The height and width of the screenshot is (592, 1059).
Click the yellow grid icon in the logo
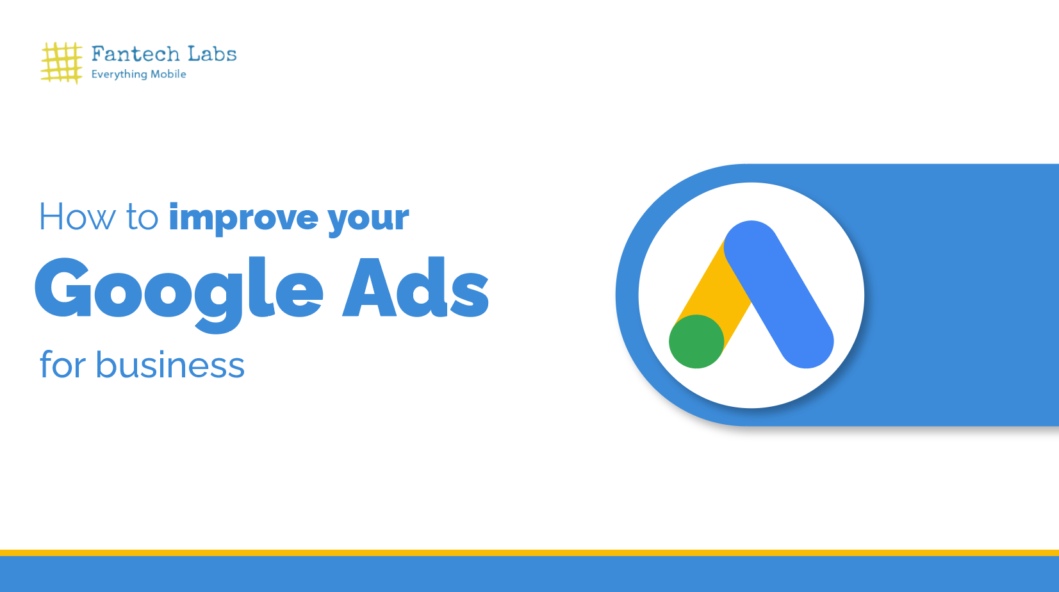pos(62,63)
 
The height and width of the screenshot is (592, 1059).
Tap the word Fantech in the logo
pos(135,54)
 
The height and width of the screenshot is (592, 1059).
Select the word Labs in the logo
pos(212,54)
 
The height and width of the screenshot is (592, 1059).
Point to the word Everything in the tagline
pos(119,74)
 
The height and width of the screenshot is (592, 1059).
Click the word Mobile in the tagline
pos(168,74)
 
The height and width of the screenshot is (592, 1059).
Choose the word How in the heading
pos(77,217)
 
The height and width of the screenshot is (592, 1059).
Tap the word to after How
pos(142,217)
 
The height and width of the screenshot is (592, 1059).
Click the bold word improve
pos(243,218)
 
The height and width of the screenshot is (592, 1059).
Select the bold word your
pos(368,218)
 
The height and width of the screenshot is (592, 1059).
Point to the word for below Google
pos(62,365)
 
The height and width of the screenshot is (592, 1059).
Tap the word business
pos(170,365)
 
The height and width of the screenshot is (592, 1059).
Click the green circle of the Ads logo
pos(696,341)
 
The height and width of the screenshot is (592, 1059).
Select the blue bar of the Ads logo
pos(779,295)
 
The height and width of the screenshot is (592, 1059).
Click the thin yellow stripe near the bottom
pos(529,552)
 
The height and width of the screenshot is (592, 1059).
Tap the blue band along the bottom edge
pos(529,574)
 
